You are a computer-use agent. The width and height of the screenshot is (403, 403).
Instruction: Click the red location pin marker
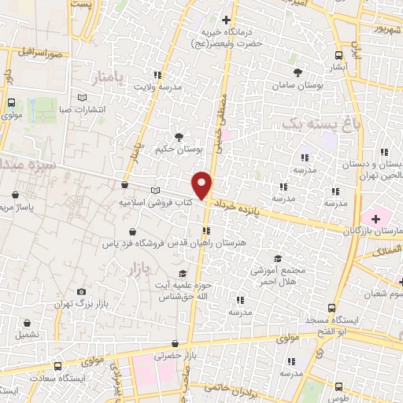(203, 185)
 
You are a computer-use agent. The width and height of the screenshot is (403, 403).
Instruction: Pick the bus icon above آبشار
(338, 55)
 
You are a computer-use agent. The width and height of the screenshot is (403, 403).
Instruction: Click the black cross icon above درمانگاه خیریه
(227, 20)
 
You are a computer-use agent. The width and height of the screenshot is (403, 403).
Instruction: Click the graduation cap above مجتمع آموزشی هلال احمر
(276, 258)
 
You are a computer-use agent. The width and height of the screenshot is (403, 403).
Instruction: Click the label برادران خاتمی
(225, 386)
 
